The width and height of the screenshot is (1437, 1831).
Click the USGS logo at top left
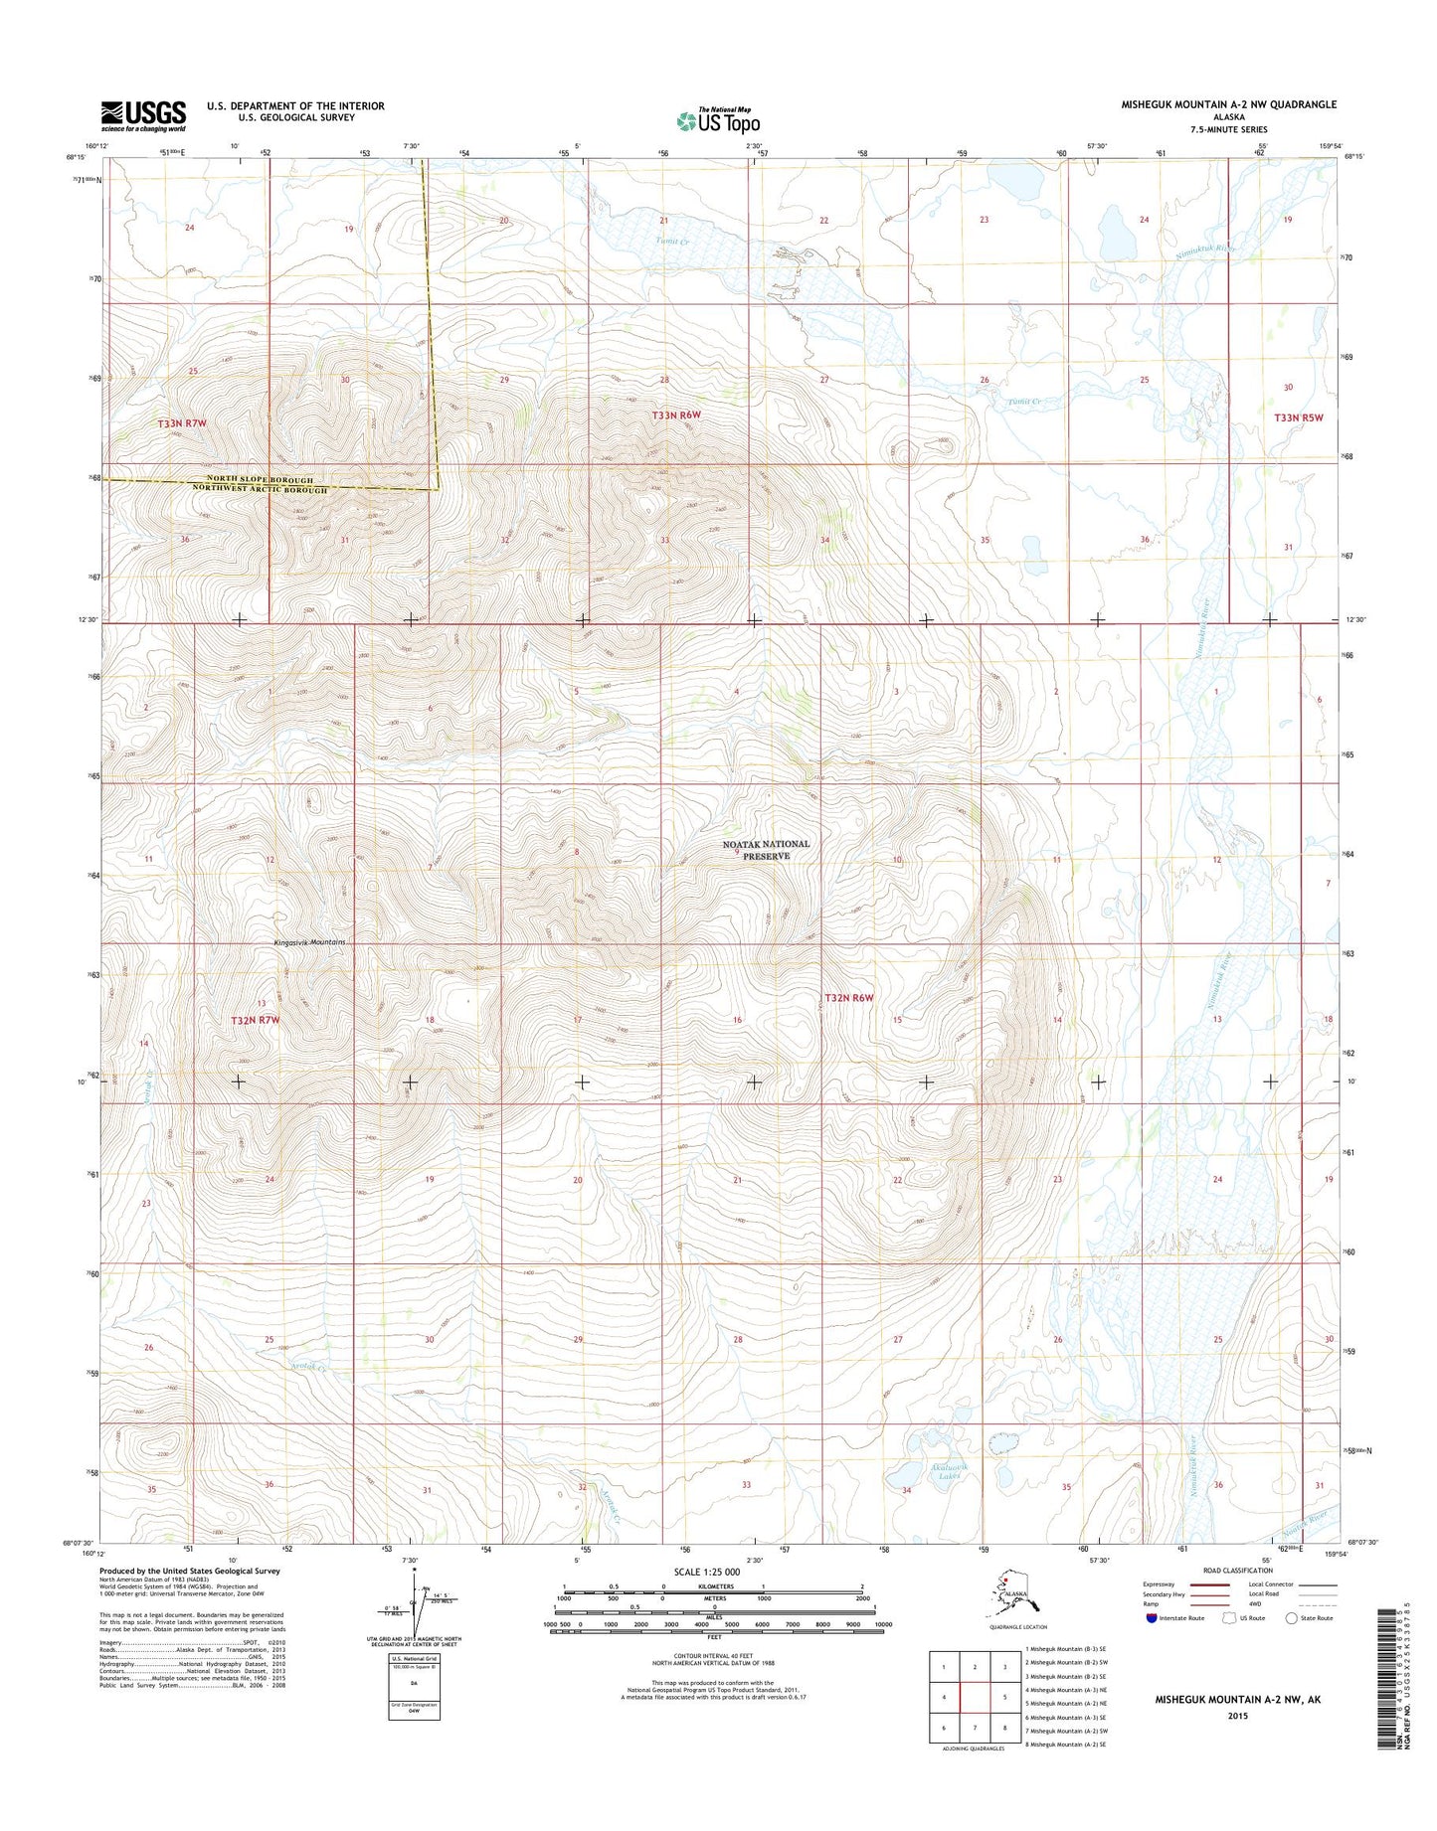(x=142, y=115)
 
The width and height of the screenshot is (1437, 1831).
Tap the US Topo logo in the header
(x=718, y=120)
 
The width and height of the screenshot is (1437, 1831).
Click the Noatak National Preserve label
(x=765, y=849)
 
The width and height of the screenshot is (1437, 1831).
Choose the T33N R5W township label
(x=1300, y=417)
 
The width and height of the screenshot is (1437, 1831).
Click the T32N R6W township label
(x=847, y=997)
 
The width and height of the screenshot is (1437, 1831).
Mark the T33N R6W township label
(x=676, y=415)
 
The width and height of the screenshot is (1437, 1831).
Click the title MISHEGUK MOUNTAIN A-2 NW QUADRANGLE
(x=1228, y=104)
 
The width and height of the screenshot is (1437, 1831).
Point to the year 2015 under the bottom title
(x=1237, y=1717)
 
